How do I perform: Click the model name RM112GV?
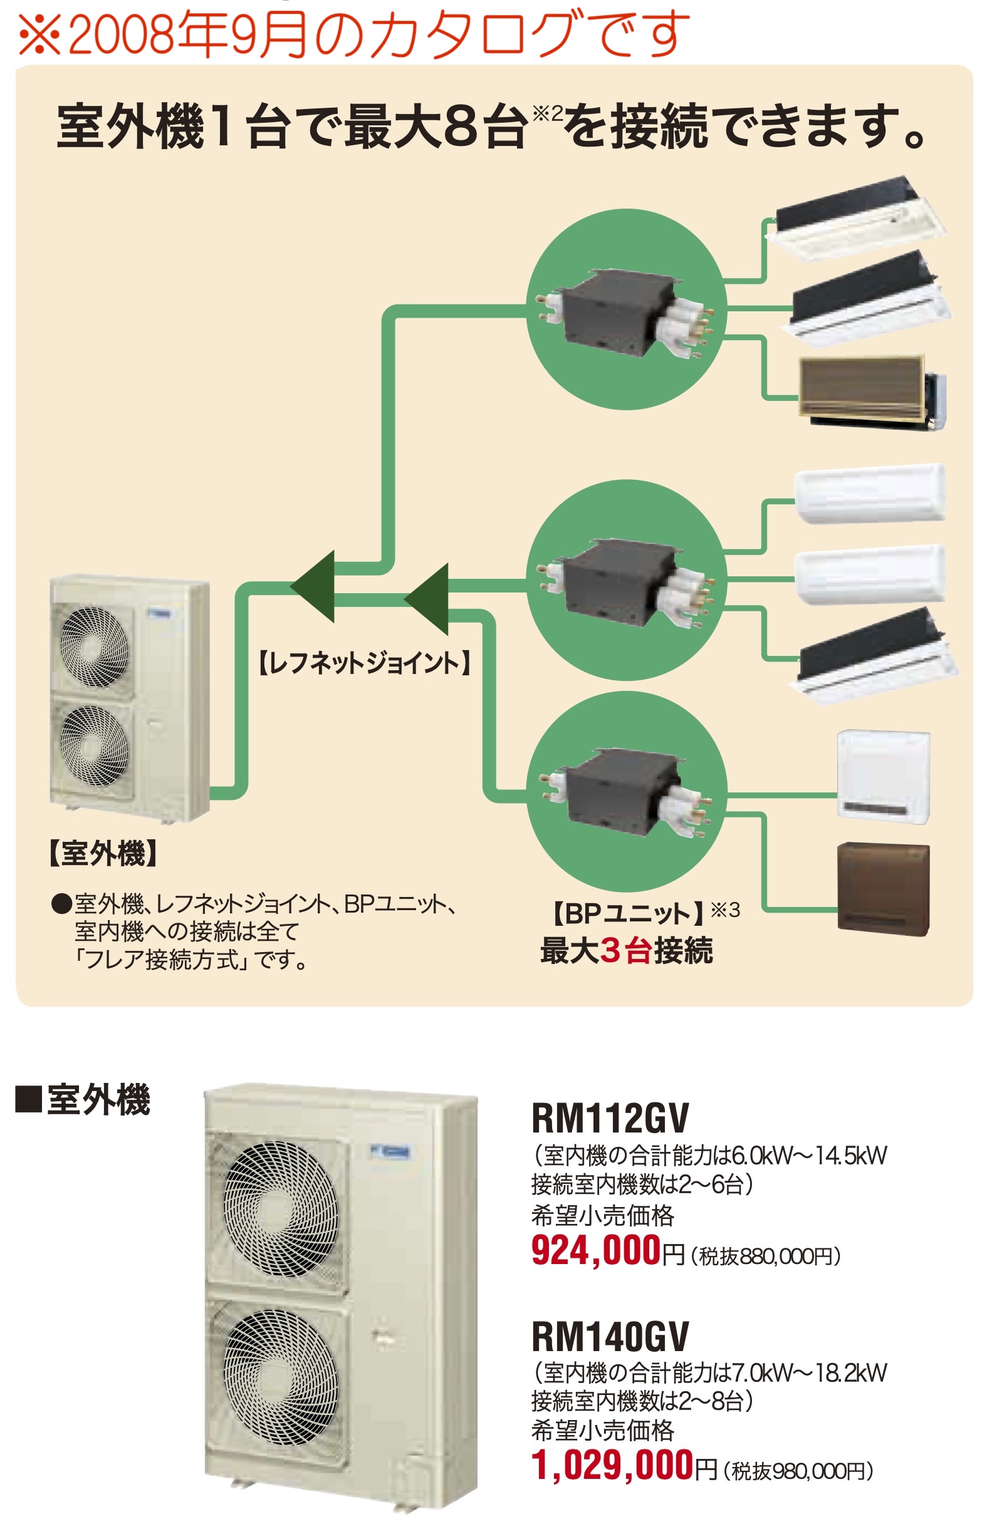click(x=610, y=1117)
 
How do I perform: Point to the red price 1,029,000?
click(x=612, y=1464)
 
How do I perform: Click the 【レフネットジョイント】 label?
click(x=365, y=662)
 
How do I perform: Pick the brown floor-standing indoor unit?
click(x=883, y=888)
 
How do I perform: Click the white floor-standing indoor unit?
click(x=883, y=776)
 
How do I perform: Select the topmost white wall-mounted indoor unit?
click(x=870, y=493)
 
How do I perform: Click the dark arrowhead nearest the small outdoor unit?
click(x=314, y=586)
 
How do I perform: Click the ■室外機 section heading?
click(x=83, y=1099)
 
